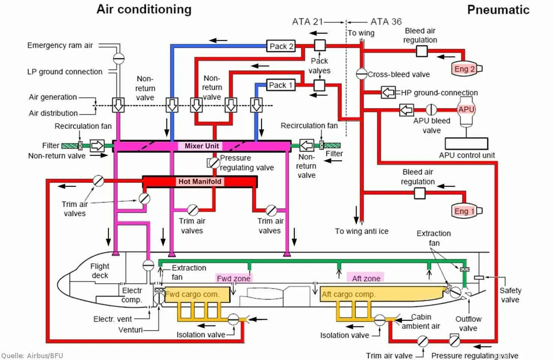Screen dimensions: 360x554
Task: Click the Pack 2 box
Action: [281, 46]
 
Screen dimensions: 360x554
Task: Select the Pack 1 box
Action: [280, 85]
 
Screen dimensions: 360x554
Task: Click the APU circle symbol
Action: [466, 109]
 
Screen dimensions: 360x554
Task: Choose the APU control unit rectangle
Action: [466, 144]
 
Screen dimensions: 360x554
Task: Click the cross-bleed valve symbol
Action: [361, 74]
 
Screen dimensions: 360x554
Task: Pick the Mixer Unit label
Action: [201, 146]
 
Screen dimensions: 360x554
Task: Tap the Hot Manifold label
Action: [200, 181]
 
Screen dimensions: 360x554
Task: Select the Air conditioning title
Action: [144, 9]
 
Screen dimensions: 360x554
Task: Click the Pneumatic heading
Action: [498, 10]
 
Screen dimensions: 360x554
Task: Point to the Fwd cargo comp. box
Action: [197, 294]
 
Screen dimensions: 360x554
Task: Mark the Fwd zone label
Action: [233, 278]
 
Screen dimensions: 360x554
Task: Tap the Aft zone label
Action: [366, 278]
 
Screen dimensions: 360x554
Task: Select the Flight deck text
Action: [99, 271]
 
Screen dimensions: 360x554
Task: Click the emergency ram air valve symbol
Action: [119, 58]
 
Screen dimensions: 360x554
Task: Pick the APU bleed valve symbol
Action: [431, 109]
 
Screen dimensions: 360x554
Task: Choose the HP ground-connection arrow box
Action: [388, 92]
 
